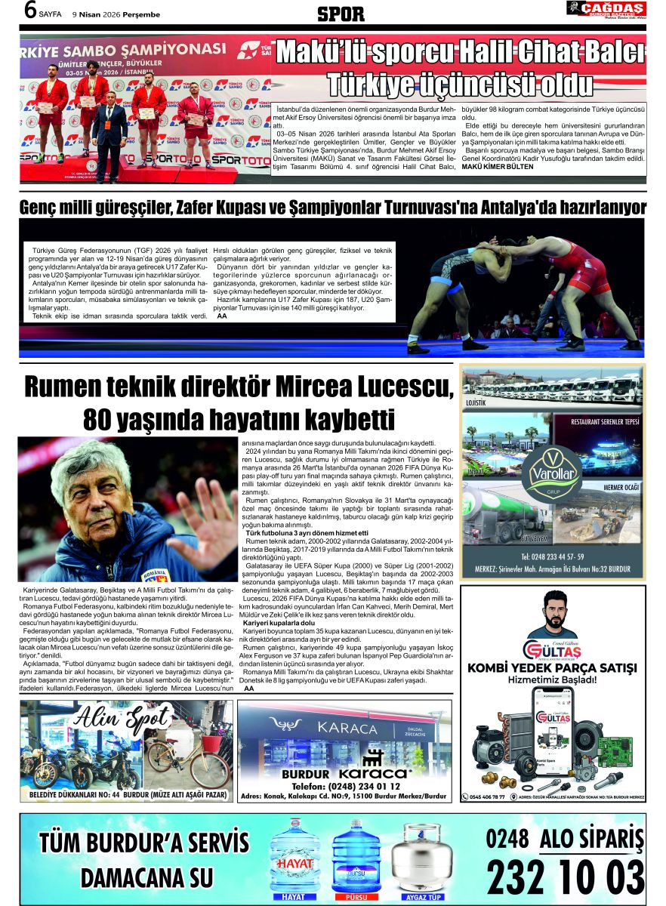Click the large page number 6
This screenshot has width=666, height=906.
pyautogui.click(x=30, y=11)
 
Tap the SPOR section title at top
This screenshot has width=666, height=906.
pyautogui.click(x=341, y=14)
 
